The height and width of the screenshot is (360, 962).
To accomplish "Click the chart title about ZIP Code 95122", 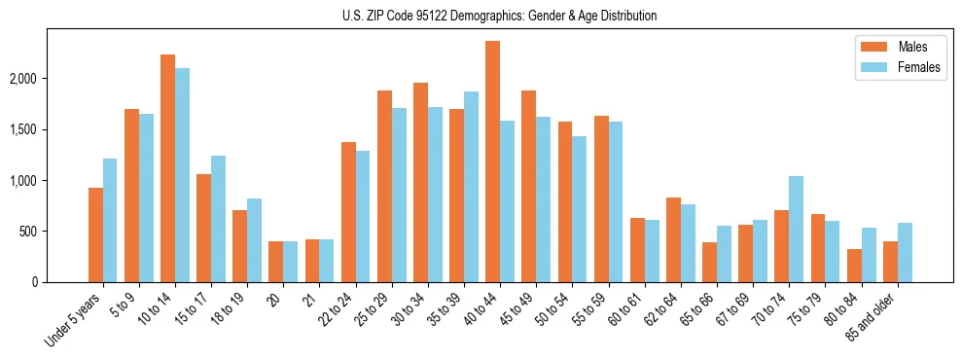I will click(x=499, y=16).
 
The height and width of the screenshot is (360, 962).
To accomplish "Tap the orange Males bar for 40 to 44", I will click(x=492, y=162).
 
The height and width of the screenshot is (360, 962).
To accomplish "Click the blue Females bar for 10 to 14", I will click(x=182, y=175).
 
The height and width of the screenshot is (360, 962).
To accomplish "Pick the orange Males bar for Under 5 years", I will click(x=95, y=234).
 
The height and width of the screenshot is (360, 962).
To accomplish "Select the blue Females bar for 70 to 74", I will click(x=796, y=229).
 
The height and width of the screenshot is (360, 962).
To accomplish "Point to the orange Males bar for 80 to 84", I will click(x=854, y=266).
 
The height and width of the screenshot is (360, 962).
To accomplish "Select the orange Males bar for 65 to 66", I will click(x=709, y=262).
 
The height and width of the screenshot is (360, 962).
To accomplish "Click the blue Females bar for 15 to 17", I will click(x=218, y=219).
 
